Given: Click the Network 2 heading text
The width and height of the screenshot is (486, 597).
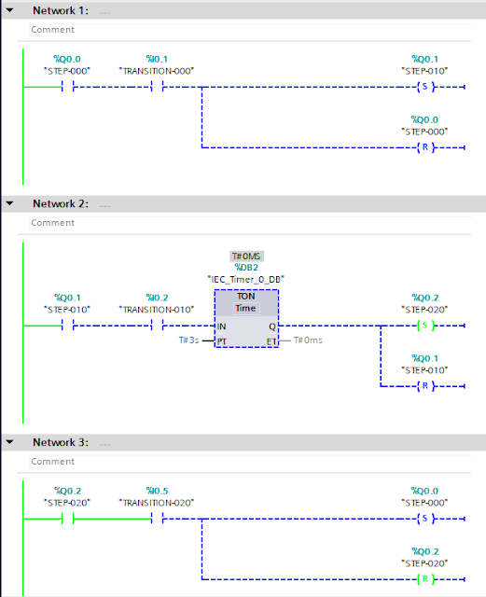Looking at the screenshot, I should pos(59,203).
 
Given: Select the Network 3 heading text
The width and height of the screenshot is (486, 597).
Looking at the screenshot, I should pos(59,442).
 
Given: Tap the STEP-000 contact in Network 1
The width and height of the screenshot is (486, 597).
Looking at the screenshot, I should pos(66,88).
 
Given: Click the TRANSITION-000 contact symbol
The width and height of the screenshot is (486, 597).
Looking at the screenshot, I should pos(157,88).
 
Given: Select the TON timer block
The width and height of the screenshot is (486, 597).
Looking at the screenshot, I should pos(245,318).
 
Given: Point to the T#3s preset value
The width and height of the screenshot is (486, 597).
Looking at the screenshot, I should pos(190,341).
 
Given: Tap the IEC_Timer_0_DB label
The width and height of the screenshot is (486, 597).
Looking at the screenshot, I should pos(245,279).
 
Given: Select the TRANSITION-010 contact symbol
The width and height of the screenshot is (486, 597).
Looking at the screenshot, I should pos(157,326).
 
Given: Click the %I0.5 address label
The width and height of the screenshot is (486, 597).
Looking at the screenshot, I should pos(157,491).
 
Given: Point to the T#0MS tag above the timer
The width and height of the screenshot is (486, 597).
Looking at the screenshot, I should pos(245,256).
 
